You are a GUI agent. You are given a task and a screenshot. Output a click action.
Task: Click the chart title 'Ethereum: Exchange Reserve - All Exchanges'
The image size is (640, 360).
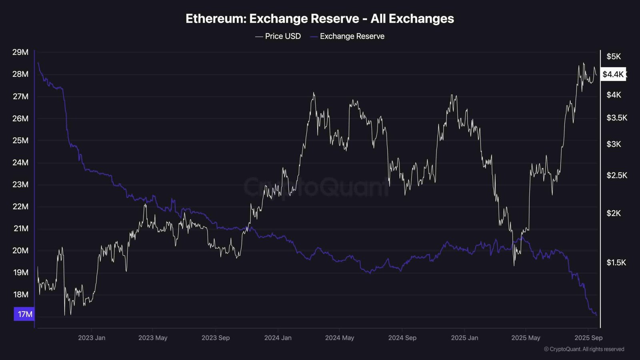[x=320, y=19]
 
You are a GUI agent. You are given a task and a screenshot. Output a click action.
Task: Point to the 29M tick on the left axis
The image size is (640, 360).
[x=20, y=52]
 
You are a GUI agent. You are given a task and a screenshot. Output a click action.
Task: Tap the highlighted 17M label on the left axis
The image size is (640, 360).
[x=24, y=314]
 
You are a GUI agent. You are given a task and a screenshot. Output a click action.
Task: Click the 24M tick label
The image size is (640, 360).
[x=20, y=162]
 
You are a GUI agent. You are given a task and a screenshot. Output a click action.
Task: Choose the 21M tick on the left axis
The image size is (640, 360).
[x=21, y=228]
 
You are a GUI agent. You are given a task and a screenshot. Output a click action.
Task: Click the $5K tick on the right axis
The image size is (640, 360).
[x=614, y=56]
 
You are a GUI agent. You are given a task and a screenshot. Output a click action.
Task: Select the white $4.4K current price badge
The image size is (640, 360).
[x=613, y=74]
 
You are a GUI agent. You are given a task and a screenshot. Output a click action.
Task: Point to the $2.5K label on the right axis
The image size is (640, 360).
[x=616, y=175]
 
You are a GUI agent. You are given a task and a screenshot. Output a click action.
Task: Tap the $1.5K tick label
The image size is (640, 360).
[x=616, y=262]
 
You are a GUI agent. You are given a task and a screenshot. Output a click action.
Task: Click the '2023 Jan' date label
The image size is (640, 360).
[x=92, y=338]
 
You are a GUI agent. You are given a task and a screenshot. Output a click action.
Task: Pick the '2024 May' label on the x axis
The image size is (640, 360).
[x=339, y=338]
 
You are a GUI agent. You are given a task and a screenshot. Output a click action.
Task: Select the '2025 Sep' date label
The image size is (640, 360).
[x=588, y=338]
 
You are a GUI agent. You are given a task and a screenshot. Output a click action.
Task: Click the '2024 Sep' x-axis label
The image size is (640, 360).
[x=402, y=338]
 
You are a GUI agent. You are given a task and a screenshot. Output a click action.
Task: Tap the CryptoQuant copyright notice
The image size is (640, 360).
[x=584, y=349]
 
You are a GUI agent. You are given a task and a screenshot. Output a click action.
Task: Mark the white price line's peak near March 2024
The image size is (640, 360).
[x=314, y=93]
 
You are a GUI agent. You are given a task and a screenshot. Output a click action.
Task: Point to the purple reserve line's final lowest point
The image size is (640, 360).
[x=596, y=315]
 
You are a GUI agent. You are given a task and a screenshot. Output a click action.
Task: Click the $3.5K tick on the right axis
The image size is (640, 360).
[x=616, y=118]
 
